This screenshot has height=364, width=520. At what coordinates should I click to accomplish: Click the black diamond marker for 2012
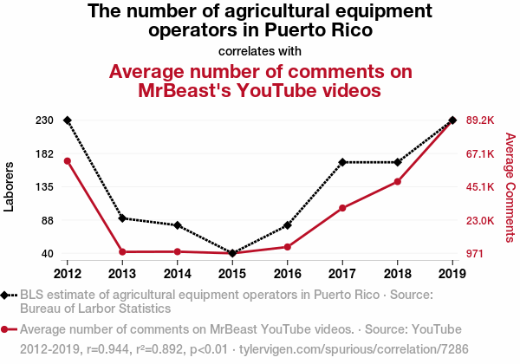point(68,120)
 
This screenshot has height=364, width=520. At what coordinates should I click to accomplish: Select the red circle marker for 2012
point(68,161)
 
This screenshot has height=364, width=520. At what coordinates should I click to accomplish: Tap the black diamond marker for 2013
point(122,218)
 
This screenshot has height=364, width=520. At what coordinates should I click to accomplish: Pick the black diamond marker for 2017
point(342,162)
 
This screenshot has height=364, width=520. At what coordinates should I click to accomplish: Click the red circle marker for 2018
point(398,181)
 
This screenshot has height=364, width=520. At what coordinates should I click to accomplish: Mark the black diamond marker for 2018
point(398,162)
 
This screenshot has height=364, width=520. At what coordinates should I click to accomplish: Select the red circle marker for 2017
point(342,208)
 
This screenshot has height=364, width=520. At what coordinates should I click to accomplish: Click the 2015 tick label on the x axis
point(232,274)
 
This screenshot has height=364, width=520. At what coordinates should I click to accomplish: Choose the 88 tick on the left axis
point(48,220)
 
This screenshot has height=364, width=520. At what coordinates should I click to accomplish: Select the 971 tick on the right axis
point(477,253)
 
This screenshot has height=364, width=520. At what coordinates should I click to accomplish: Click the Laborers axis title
point(10,186)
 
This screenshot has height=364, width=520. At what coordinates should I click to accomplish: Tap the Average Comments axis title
point(510,186)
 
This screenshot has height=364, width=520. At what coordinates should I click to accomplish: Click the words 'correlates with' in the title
point(260,49)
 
